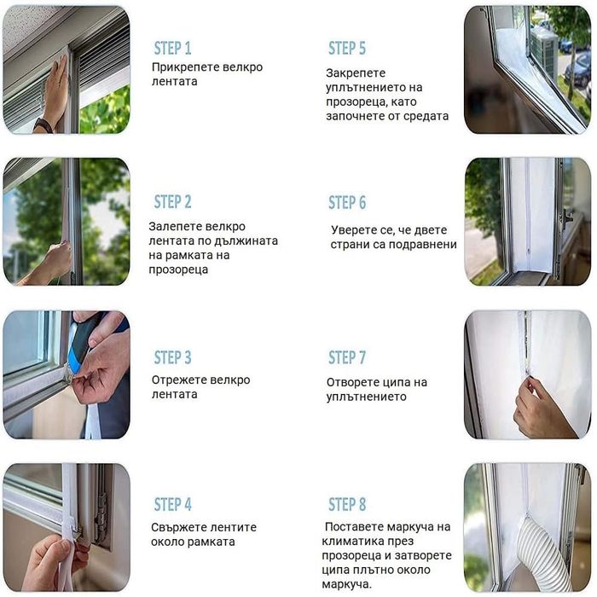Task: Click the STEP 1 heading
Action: [x=172, y=49]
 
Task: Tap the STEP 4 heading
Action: [x=172, y=504]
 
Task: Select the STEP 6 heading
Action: [x=347, y=202]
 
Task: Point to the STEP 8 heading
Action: [x=347, y=504]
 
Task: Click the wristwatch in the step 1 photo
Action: [x=43, y=125]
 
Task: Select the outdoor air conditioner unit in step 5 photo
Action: [x=543, y=49]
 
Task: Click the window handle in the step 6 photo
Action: [x=566, y=219]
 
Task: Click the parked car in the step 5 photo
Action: [x=577, y=70]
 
